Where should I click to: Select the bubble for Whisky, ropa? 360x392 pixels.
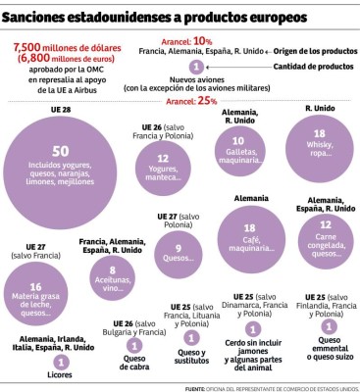(x=319, y=148)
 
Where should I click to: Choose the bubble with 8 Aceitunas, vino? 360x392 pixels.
(x=113, y=276)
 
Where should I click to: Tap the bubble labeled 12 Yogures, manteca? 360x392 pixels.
(x=163, y=163)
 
